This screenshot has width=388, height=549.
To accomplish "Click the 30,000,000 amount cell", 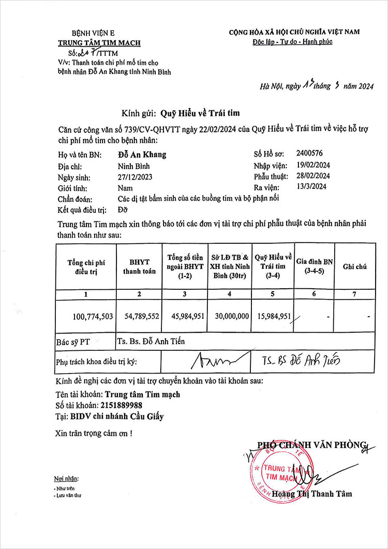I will click(x=230, y=316).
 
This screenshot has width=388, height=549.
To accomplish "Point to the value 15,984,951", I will click(x=274, y=316).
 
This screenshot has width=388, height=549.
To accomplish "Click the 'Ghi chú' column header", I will click(x=354, y=266).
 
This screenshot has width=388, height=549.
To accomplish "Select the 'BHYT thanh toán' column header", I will click(x=139, y=267).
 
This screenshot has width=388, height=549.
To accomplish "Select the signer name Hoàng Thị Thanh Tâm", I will click(x=314, y=494).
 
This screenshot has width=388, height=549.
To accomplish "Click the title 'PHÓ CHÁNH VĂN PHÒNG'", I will click(x=312, y=444).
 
